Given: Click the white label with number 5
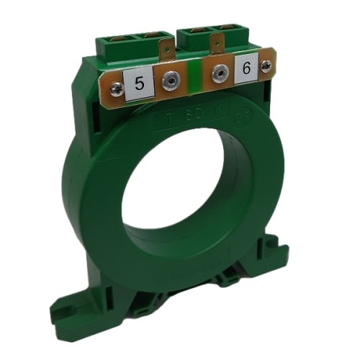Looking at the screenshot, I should click(x=140, y=84).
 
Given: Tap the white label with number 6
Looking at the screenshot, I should click(x=246, y=70).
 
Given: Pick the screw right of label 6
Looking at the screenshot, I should click(x=267, y=66).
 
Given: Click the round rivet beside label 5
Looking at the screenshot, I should click(x=170, y=81).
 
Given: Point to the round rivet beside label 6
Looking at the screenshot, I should click(x=217, y=72).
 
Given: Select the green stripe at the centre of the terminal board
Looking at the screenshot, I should click(x=193, y=75).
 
